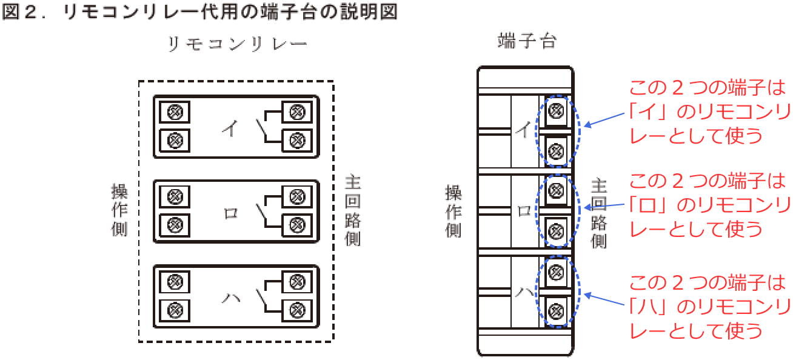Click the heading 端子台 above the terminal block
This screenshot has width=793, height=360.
[526, 42]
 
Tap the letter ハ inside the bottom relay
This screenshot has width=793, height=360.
[231, 298]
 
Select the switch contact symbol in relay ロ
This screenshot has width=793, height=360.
[261, 213]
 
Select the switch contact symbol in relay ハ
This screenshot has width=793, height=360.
[261, 297]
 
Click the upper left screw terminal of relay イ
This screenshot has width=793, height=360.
[175, 112]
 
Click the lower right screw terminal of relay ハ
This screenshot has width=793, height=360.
[296, 309]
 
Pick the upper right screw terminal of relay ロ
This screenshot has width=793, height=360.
[296, 196]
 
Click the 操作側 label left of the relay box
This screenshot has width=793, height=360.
[119, 210]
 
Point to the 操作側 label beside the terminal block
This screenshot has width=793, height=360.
[453, 212]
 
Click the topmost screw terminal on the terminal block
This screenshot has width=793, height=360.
[555, 110]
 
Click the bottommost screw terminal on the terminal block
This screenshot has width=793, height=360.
[555, 310]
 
